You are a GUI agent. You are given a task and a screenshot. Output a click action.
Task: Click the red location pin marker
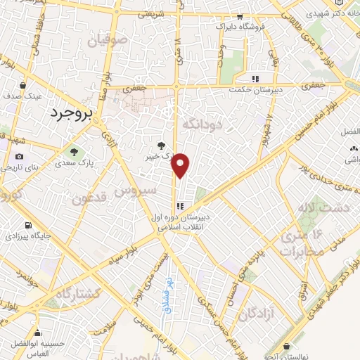click(181, 166)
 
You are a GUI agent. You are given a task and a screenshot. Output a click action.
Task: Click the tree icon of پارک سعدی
click(73, 152)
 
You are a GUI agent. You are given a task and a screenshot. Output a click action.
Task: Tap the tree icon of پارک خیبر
click(163, 145)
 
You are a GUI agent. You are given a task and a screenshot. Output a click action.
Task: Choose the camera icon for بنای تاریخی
click(19, 156)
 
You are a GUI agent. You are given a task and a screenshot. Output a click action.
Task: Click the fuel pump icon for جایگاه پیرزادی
click(27, 226)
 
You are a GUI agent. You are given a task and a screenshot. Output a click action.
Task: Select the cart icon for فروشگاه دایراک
click(240, 17)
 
